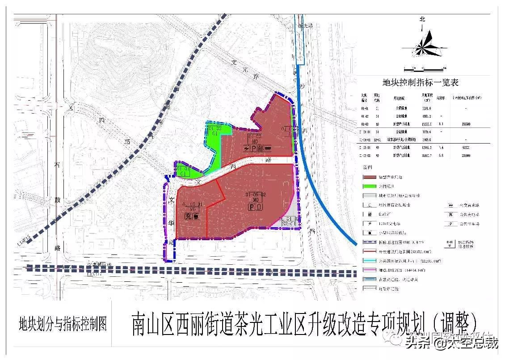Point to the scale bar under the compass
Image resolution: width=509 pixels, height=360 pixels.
[424, 68]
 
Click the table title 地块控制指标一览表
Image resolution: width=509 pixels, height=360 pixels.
[421, 83]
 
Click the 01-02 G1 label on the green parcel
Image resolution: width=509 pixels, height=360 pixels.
[215, 131]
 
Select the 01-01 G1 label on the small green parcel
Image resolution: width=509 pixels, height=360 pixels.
[183, 171]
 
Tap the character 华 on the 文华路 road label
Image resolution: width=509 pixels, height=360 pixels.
[171, 221]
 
